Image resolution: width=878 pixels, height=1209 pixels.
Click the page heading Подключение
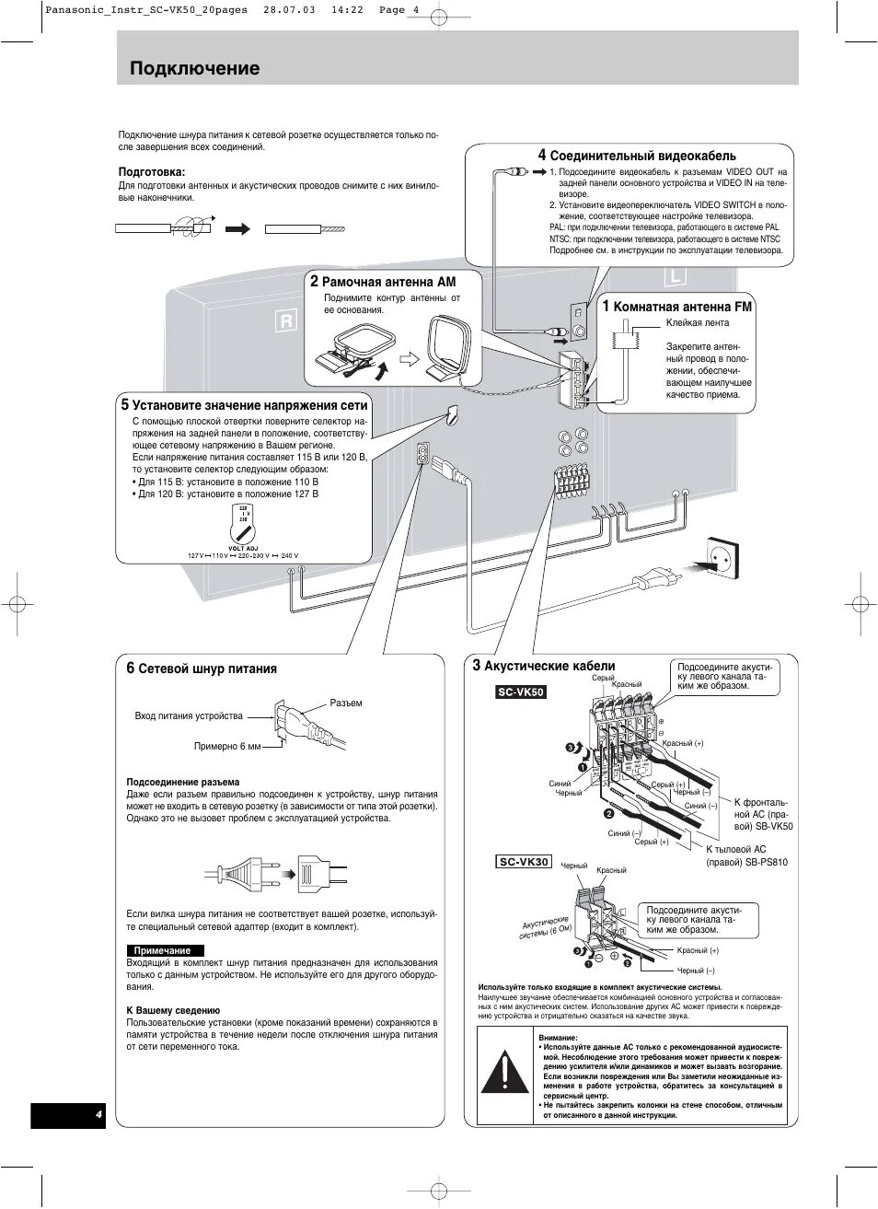pyautogui.click(x=194, y=68)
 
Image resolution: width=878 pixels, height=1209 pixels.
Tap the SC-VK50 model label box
pyautogui.click(x=521, y=692)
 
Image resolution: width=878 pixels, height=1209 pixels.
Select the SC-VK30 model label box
pyautogui.click(x=524, y=862)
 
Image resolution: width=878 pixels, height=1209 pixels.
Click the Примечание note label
pyautogui.click(x=163, y=950)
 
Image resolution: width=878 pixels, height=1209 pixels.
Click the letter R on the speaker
pyautogui.click(x=286, y=321)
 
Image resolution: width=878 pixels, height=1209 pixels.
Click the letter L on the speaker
pyautogui.click(x=675, y=276)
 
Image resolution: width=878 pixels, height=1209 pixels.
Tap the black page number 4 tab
pyautogui.click(x=68, y=1115)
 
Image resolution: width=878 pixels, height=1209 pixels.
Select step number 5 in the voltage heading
pyautogui.click(x=124, y=404)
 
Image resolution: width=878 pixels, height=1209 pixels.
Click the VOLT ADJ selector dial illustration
pyautogui.click(x=243, y=528)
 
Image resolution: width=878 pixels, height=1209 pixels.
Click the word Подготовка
pyautogui.click(x=152, y=171)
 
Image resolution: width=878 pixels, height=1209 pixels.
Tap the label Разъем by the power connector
pyautogui.click(x=346, y=703)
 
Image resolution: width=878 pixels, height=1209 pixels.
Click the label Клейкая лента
pyautogui.click(x=697, y=322)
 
